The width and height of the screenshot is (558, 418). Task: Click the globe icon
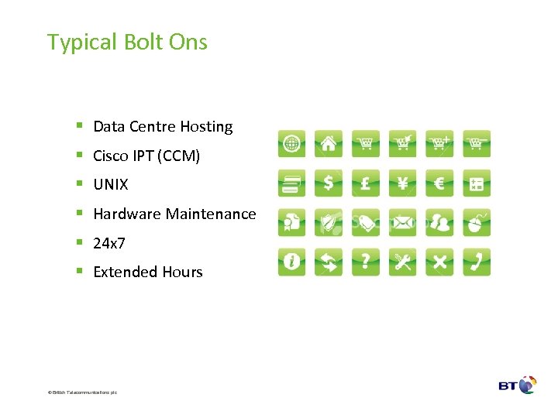[292, 143]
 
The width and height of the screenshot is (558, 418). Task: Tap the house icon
[329, 143]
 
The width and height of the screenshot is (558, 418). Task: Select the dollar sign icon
[329, 183]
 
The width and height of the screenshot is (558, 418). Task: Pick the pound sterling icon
[366, 183]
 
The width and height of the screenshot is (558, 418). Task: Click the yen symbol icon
[403, 183]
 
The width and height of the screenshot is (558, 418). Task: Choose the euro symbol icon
[439, 183]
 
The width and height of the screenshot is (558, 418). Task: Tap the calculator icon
[477, 183]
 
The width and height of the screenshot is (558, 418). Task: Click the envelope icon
[403, 223]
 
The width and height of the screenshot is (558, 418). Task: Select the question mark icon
[366, 262]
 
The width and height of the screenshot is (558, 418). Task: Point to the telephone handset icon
[477, 262]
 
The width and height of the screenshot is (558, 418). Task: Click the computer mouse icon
[477, 223]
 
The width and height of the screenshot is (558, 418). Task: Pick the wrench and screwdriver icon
[403, 262]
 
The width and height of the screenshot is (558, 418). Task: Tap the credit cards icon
[292, 183]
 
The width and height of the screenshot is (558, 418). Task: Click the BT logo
[518, 385]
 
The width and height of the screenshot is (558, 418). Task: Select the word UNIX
[111, 185]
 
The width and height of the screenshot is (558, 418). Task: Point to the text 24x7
[109, 243]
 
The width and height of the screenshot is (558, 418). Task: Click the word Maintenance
[212, 214]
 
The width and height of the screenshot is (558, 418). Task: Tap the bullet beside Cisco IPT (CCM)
[80, 156]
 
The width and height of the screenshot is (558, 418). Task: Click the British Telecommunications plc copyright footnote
[82, 392]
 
